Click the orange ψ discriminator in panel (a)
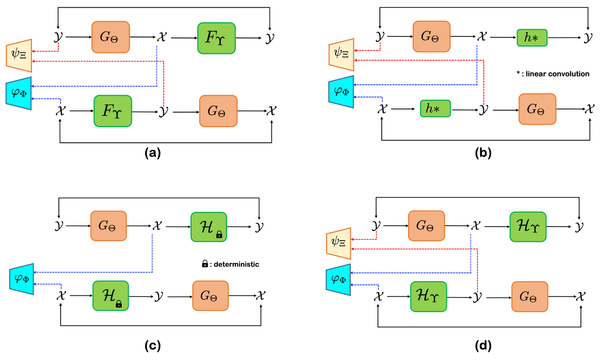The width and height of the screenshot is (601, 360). click(x=19, y=56)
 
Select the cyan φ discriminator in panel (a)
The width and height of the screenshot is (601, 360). click(x=19, y=93)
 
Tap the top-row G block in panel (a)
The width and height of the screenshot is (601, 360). click(x=110, y=37)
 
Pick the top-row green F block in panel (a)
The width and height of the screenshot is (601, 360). click(x=217, y=38)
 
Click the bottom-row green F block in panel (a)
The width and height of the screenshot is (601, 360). click(x=113, y=111)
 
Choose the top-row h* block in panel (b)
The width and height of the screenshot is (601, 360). click(x=532, y=38)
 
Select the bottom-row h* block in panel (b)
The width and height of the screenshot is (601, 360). click(x=435, y=108)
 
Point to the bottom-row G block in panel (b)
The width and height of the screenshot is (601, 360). click(x=538, y=109)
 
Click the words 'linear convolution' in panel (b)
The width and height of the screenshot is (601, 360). click(x=558, y=74)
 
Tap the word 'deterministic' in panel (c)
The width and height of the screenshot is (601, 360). click(x=236, y=264)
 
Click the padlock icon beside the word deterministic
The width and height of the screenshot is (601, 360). click(x=205, y=264)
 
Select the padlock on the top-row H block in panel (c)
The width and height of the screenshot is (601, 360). click(x=219, y=234)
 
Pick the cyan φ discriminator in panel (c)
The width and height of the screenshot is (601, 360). click(x=21, y=279)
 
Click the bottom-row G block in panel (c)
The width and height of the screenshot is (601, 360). click(x=211, y=296)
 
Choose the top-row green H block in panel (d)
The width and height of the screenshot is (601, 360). click(x=528, y=227)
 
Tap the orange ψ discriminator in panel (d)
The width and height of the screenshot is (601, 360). click(x=339, y=243)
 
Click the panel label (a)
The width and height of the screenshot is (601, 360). click(x=153, y=153)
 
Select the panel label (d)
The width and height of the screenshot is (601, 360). click(x=483, y=346)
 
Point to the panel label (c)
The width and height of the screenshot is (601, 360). click(x=153, y=346)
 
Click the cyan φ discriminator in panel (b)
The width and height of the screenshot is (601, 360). click(x=341, y=92)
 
